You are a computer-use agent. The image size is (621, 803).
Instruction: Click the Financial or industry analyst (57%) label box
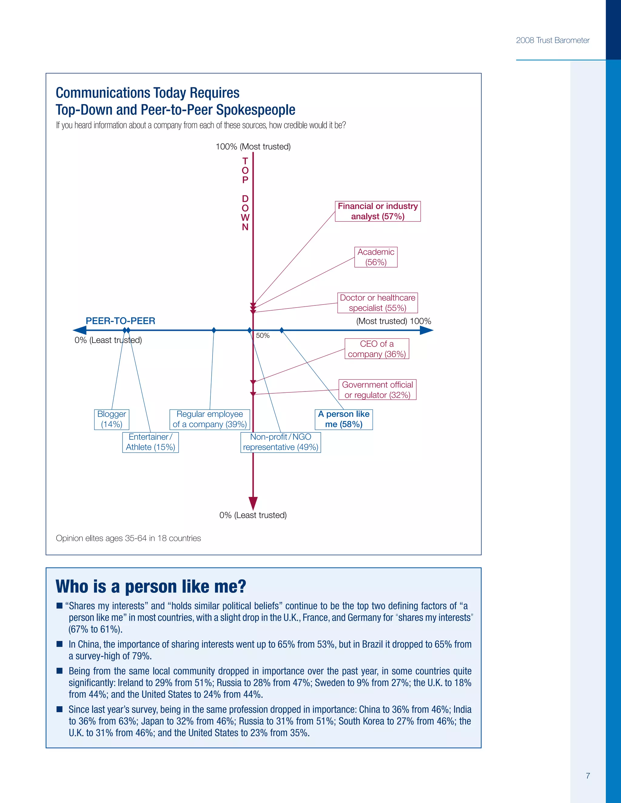coord(378,211)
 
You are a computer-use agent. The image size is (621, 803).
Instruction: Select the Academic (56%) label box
coord(376,257)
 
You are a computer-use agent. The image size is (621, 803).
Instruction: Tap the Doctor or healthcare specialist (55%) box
coord(378,303)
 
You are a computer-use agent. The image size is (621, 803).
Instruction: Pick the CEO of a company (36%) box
coord(377,348)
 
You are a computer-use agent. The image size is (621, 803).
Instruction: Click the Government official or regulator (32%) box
coord(377,389)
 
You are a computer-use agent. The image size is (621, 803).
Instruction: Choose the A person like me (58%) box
coord(344,419)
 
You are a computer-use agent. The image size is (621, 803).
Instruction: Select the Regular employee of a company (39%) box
coord(210,419)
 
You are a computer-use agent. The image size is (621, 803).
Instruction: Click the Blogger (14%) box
coord(112,419)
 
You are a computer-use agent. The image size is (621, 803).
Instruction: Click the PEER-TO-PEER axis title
coord(120,321)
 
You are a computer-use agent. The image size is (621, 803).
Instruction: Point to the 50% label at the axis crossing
coord(263,335)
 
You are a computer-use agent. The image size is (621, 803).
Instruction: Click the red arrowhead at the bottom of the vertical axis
coord(253,503)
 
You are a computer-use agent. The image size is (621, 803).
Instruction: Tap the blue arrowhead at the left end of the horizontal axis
coord(80,330)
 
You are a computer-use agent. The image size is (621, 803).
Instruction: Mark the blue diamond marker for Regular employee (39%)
coord(214,330)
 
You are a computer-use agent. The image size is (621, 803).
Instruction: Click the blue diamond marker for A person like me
coord(281,330)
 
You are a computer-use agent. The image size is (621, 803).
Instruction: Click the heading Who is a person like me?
coord(151,586)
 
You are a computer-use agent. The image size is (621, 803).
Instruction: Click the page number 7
coord(588,775)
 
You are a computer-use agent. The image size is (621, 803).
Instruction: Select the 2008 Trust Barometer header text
coord(552,40)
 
